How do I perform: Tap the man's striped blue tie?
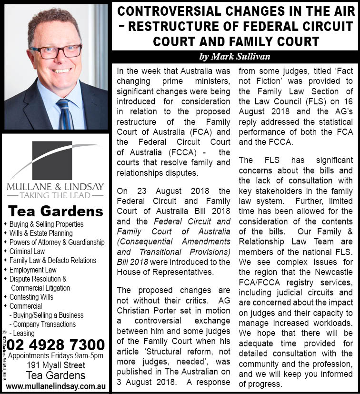(x=64, y=114)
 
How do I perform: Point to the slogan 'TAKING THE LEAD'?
(x=54, y=195)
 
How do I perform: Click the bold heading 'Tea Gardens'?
(x=55, y=211)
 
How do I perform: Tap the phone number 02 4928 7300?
(x=56, y=344)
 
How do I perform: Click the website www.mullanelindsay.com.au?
(x=55, y=385)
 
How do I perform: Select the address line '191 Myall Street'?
(x=55, y=365)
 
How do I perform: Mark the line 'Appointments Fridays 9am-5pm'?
(x=55, y=355)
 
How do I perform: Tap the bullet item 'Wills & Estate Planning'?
(x=41, y=233)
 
